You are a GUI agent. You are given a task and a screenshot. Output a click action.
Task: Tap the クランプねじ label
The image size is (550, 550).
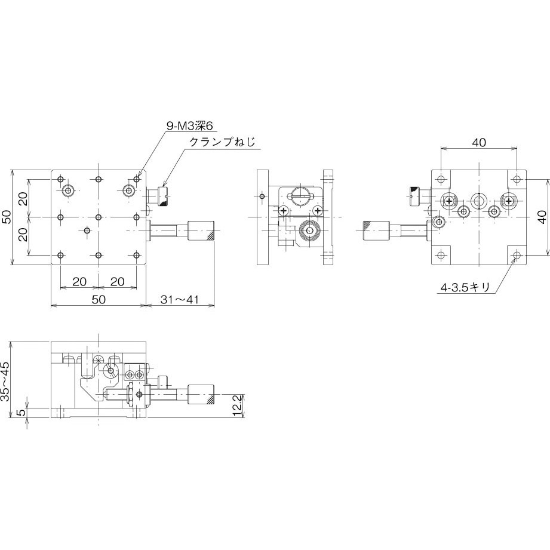pyautogui.click(x=222, y=142)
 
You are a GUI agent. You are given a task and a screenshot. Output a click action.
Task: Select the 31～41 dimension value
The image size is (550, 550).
pyautogui.click(x=180, y=299)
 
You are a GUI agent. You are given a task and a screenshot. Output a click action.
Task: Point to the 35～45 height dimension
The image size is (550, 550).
pyautogui.click(x=5, y=382)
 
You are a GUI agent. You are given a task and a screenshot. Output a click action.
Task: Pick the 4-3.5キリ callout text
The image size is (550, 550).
pyautogui.click(x=465, y=288)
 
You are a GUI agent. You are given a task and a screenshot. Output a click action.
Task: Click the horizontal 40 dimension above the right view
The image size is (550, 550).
pyautogui.click(x=478, y=142)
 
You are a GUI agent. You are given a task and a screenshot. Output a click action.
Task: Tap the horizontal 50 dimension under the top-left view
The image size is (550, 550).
pyautogui.click(x=99, y=299)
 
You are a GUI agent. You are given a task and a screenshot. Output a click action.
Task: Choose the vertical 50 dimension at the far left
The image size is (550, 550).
pyautogui.click(x=5, y=217)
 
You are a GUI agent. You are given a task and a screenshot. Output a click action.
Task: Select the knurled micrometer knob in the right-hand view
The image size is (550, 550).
pyautogui.click(x=376, y=229)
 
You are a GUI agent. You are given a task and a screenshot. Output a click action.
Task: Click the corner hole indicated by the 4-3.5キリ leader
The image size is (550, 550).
pyautogui.click(x=517, y=256)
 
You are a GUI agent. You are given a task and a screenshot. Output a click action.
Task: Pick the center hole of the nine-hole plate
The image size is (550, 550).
pyautogui.click(x=99, y=217)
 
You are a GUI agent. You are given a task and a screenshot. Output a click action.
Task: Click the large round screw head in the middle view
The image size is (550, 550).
pyautogui.click(x=309, y=231)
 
